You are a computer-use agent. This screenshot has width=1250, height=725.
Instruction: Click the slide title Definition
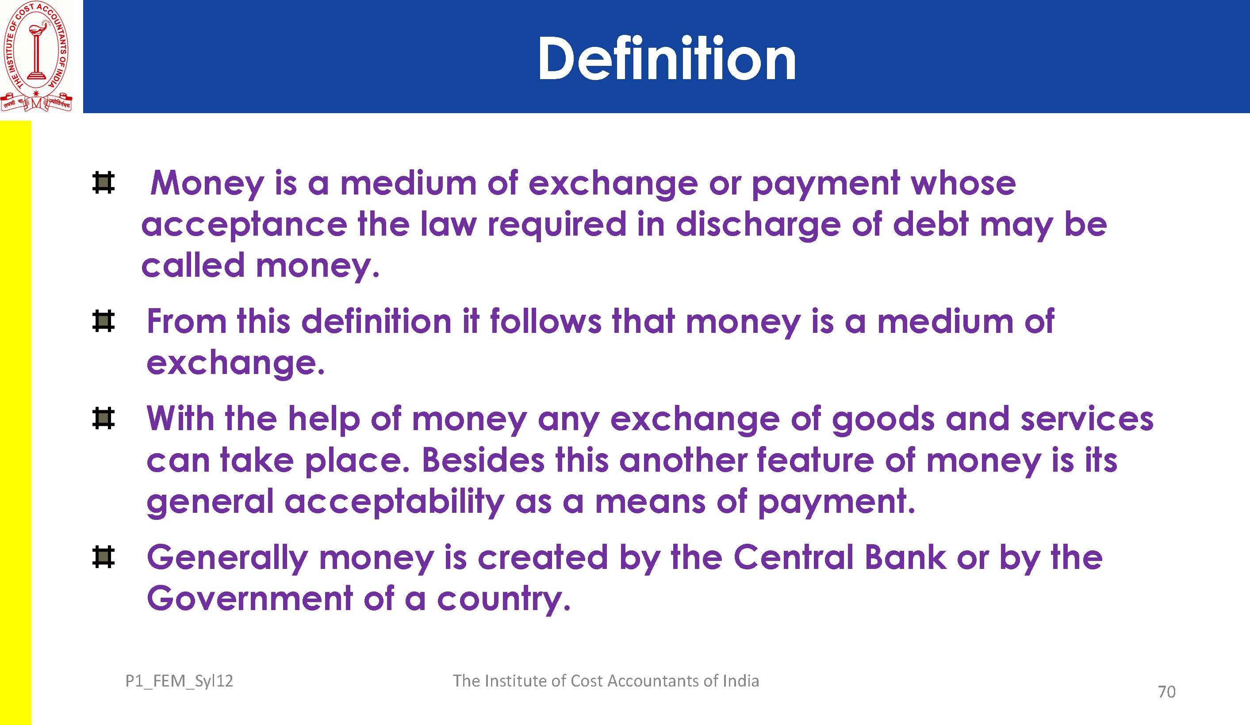click(x=667, y=58)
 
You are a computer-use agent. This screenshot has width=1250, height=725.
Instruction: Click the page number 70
click(x=1167, y=691)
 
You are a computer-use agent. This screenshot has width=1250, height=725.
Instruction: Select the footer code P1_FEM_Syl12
click(x=179, y=681)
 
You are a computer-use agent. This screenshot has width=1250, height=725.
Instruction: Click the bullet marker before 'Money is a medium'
click(x=103, y=183)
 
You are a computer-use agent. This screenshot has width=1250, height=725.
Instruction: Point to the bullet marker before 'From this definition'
click(x=103, y=321)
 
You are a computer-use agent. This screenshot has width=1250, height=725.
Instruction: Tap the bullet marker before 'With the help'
click(x=103, y=418)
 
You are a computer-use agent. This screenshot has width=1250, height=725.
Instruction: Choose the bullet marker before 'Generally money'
click(x=103, y=557)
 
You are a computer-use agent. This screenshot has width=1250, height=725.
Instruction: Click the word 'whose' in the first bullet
click(x=963, y=183)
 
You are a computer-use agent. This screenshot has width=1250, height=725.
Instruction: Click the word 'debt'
click(x=930, y=224)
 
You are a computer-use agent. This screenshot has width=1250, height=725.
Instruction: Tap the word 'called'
click(x=193, y=265)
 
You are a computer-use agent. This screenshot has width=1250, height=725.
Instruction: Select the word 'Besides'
click(x=483, y=460)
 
